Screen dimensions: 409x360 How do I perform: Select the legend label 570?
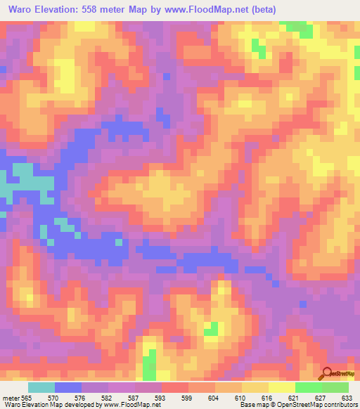(63, 397)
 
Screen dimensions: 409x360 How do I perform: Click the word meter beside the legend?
(10, 397)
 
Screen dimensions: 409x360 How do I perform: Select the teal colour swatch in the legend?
(41, 387)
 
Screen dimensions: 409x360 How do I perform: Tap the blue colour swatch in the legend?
(68, 387)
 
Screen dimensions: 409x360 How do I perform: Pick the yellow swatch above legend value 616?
(255, 387)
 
